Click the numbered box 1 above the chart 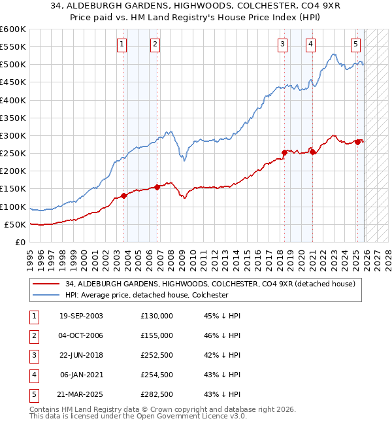pos(123,44)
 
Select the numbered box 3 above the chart pos(282,44)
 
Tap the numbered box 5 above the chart pos(355,44)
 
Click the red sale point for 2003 pos(124,195)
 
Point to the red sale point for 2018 pos(284,152)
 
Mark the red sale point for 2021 pos(312,152)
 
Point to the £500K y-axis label pos(13,65)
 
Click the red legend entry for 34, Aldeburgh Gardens pos(210,284)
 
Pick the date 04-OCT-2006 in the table pos(81,335)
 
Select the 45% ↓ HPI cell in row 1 pos(222,315)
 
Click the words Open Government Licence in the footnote pos(180,416)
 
